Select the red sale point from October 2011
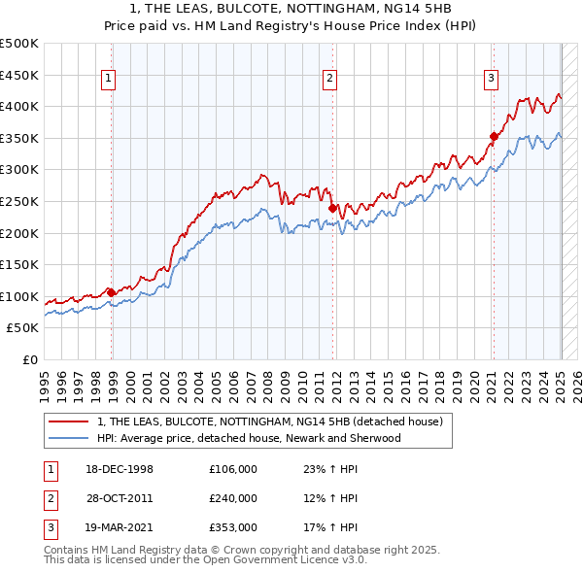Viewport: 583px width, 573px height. pos(332,208)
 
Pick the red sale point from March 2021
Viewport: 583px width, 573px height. pos(494,136)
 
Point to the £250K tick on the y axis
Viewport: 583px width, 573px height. pos(22,201)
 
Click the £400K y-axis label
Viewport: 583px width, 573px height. pos(22,106)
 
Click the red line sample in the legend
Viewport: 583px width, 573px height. pos(69,421)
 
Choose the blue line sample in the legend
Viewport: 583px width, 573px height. pos(69,438)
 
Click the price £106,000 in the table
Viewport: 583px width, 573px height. pos(233,469)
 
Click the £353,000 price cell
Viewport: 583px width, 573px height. pos(233,527)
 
